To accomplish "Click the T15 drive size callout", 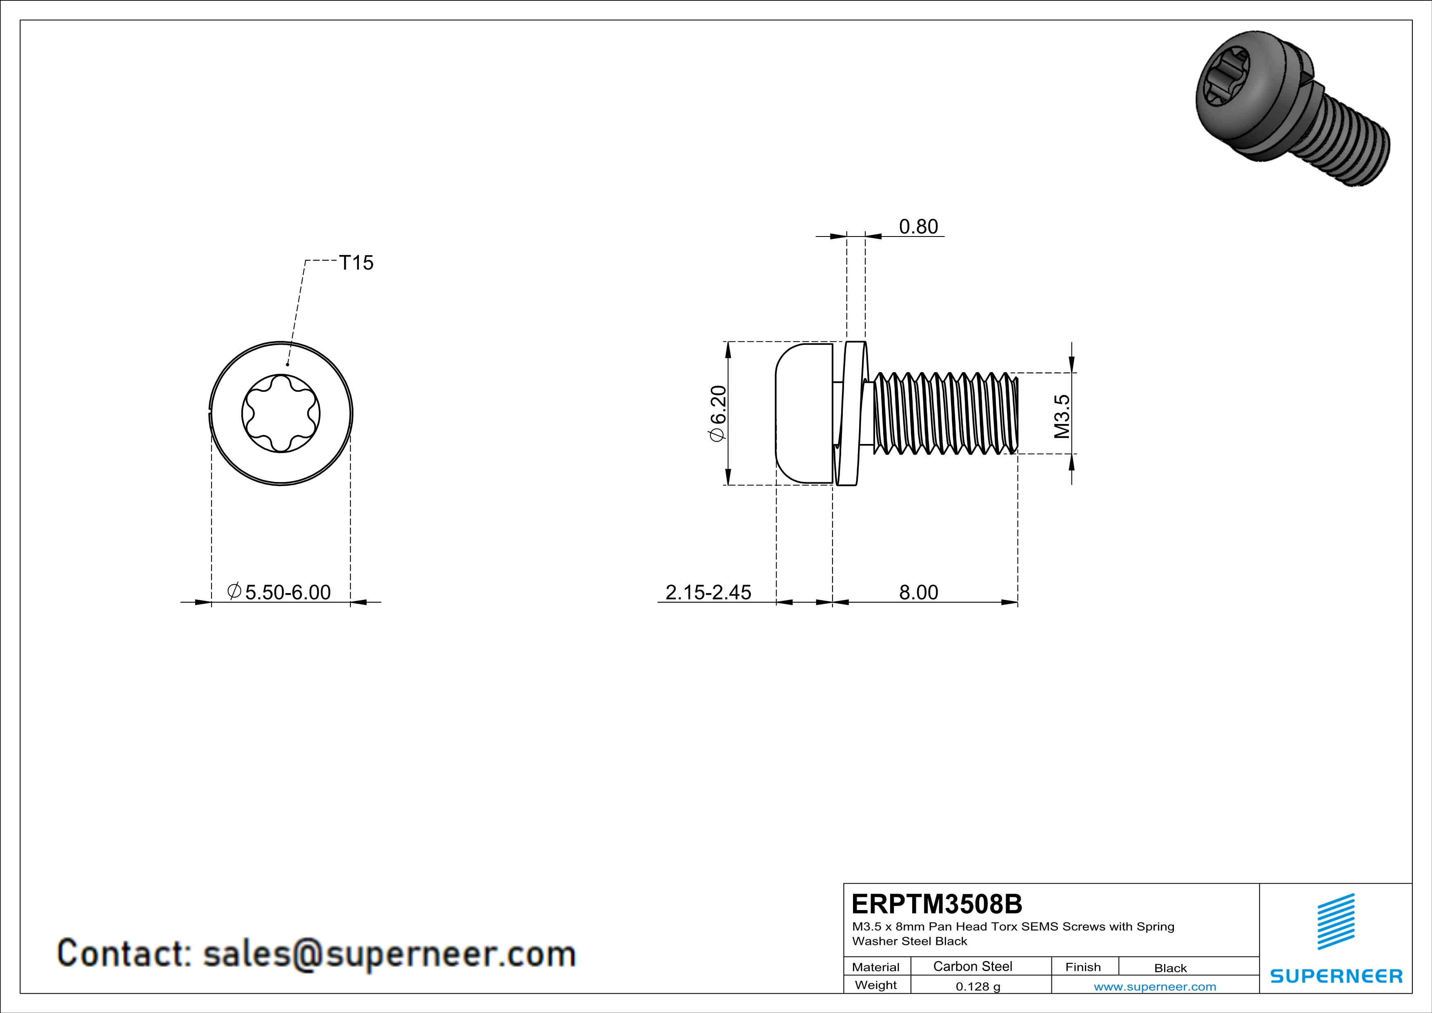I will [356, 263].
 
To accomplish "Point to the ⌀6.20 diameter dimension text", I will [718, 413].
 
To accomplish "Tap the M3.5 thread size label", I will [1062, 416].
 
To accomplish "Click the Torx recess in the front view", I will [281, 413].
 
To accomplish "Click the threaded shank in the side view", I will [945, 413].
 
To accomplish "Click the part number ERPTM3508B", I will [937, 904].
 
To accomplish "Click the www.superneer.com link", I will [1154, 986].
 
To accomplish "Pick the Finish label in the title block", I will [1083, 967].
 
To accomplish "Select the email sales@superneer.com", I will [389, 954].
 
